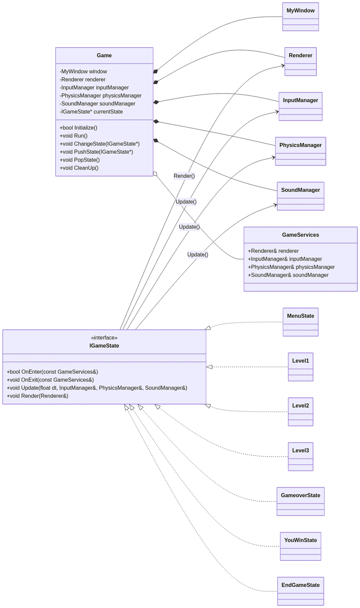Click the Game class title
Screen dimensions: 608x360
pyautogui.click(x=104, y=55)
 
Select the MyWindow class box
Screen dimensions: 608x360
pyautogui.click(x=300, y=17)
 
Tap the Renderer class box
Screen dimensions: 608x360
pyautogui.click(x=300, y=61)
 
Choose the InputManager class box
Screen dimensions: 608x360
pyautogui.click(x=300, y=106)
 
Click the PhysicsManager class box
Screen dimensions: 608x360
pyautogui.click(x=300, y=151)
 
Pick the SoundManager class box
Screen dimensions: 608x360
pyautogui.click(x=300, y=196)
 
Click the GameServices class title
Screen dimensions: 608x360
pyautogui.click(x=300, y=235)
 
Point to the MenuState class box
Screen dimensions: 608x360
pyautogui.click(x=300, y=322)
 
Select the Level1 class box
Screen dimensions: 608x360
pyautogui.click(x=300, y=367)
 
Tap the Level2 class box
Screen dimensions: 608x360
pyautogui.click(x=300, y=411)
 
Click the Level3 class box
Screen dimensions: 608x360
pyautogui.click(x=300, y=456)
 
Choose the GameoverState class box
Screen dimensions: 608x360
pyautogui.click(x=300, y=501)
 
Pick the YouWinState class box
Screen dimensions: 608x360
pyautogui.click(x=300, y=546)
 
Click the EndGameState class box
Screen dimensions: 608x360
pyautogui.click(x=300, y=591)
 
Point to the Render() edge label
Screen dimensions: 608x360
pyautogui.click(x=184, y=176)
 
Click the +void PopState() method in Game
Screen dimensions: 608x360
pyautogui.click(x=80, y=160)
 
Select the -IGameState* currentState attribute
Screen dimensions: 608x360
pyautogui.click(x=91, y=112)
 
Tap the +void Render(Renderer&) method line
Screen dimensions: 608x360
pyautogui.click(x=37, y=396)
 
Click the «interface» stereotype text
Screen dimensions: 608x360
pyautogui.click(x=104, y=338)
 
